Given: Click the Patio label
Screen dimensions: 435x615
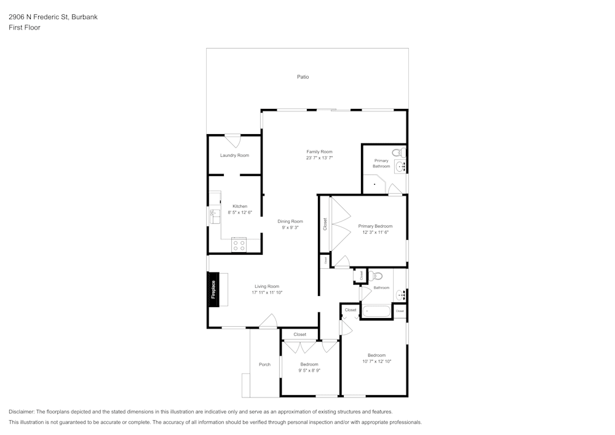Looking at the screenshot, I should [x=303, y=77].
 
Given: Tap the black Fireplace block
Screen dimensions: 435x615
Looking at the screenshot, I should [x=214, y=289].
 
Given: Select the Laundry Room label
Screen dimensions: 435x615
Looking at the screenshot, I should [x=234, y=156].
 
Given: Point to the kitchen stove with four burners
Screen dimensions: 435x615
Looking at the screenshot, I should [x=239, y=245].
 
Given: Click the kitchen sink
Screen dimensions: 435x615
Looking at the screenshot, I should [x=215, y=217].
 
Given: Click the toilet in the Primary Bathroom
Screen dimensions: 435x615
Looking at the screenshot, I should [x=399, y=153].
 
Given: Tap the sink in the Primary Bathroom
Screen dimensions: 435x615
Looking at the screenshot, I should [x=400, y=166].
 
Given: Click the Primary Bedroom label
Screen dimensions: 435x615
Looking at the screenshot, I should [x=375, y=226].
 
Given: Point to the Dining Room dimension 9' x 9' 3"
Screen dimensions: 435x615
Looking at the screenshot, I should [x=290, y=228].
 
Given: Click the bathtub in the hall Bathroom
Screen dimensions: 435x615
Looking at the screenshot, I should [x=376, y=311].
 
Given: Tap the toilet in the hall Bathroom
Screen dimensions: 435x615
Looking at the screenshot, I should [x=376, y=276].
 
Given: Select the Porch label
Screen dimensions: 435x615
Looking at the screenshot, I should [x=264, y=364].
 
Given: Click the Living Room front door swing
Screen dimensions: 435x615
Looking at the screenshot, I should [x=268, y=321].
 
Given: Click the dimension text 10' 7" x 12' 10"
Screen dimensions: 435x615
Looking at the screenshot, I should [x=376, y=362].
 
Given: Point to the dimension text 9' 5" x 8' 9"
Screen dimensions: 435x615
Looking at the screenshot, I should [x=309, y=370].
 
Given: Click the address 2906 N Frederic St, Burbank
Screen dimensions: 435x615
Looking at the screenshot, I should [x=53, y=17].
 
